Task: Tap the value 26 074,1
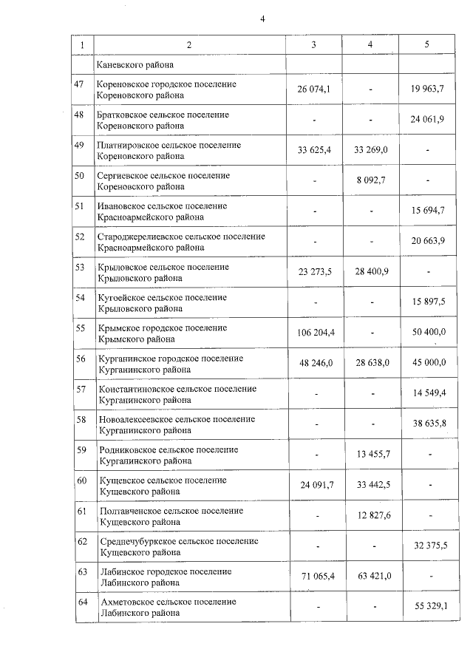[x=313, y=89]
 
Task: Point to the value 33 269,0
[x=370, y=150]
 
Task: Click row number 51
[x=80, y=206]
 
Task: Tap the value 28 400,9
[x=370, y=271]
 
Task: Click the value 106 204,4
[x=313, y=332]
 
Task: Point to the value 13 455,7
[x=370, y=454]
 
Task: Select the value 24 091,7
[x=313, y=484]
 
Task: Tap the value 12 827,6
[x=370, y=515]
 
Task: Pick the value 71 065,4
[x=313, y=576]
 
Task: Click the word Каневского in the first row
[x=120, y=65]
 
